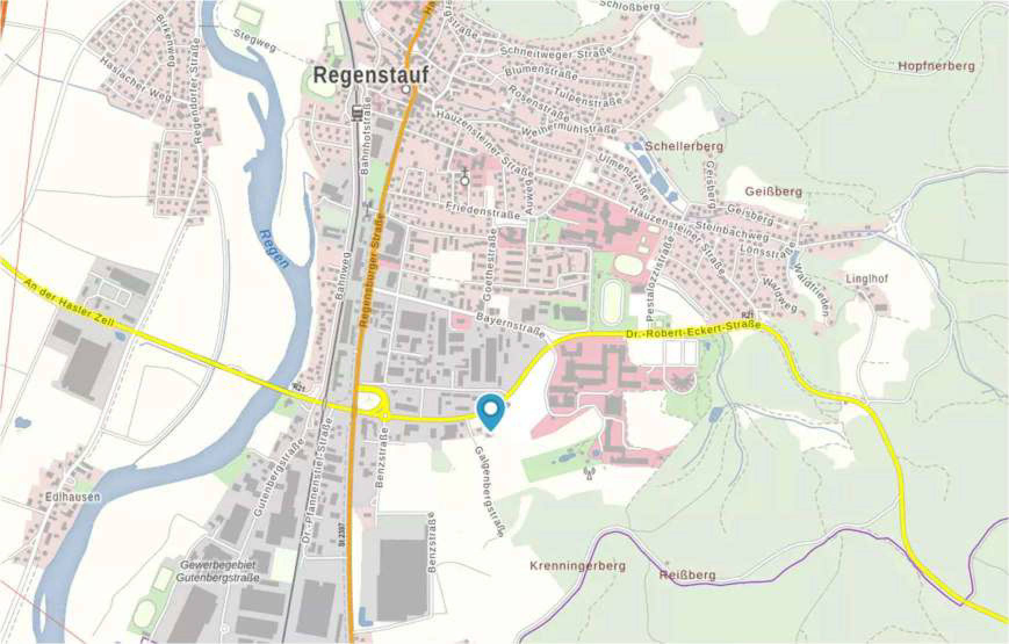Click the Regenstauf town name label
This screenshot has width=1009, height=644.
[371, 75]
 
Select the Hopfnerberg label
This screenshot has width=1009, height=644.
[936, 66]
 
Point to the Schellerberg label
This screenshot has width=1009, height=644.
[684, 146]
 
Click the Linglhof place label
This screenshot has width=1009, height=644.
[867, 279]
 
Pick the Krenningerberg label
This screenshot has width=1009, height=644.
[578, 565]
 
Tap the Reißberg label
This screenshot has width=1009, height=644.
[687, 576]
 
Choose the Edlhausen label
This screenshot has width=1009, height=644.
[73, 497]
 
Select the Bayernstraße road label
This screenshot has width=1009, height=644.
[511, 325]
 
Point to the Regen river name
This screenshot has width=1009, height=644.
[275, 249]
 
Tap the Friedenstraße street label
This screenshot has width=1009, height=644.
[483, 210]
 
